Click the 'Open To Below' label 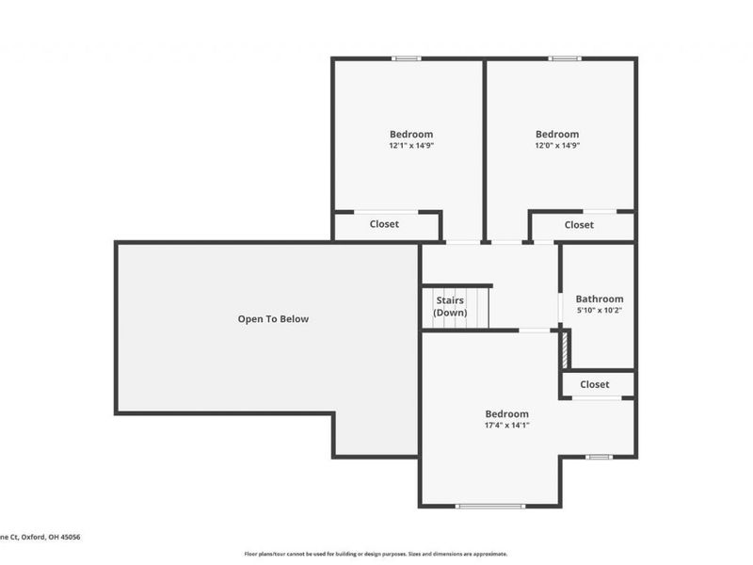click(273, 319)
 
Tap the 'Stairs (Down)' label click(449, 306)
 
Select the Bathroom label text click(600, 299)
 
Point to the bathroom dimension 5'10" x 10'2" click(600, 310)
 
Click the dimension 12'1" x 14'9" click(411, 146)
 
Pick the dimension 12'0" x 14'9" click(557, 146)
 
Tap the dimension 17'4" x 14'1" click(506, 425)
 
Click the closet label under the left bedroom click(384, 224)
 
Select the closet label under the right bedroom click(579, 225)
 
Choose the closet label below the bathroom click(594, 384)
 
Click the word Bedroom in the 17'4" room click(506, 413)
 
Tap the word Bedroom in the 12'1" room click(411, 134)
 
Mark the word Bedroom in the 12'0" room click(557, 134)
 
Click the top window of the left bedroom click(406, 58)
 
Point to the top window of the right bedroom click(565, 58)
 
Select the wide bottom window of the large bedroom click(489, 507)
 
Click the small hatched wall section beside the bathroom click(565, 349)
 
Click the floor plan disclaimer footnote click(376, 554)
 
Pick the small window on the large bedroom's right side click(599, 457)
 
